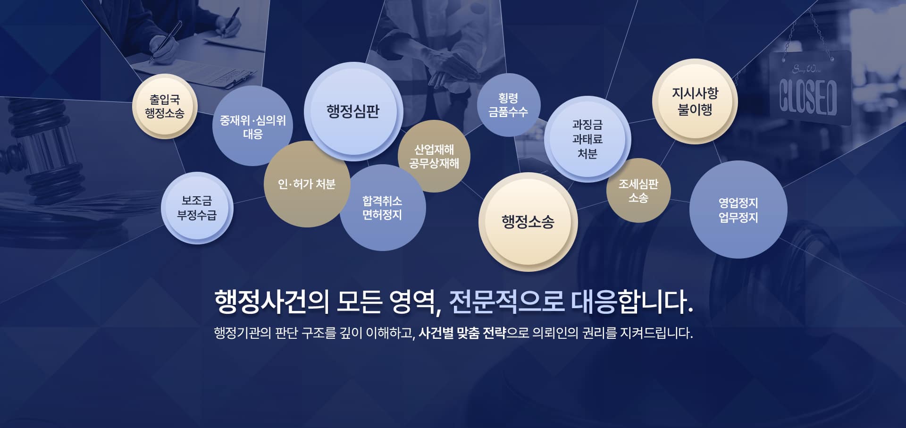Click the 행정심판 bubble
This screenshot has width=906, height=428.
click(x=353, y=111)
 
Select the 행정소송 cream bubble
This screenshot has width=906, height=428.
click(x=528, y=222)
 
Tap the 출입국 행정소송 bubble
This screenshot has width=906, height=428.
click(x=165, y=106)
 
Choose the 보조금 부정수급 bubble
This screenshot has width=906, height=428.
click(x=197, y=208)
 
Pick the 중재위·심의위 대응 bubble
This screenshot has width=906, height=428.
click(x=252, y=126)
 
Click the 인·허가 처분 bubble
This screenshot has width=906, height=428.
click(x=307, y=184)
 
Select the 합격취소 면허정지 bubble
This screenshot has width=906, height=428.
click(x=382, y=208)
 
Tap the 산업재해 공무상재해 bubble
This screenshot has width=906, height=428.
click(x=434, y=156)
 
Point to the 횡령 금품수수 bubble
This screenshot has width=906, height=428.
click(x=508, y=105)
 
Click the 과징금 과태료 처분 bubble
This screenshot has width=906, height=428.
click(x=587, y=139)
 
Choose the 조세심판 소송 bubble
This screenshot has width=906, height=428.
click(x=638, y=191)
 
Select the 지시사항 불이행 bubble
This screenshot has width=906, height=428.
click(x=695, y=101)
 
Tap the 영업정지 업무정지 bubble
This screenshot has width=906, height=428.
click(x=738, y=210)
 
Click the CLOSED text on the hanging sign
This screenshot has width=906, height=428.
click(x=808, y=98)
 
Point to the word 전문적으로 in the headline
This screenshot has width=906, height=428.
click(x=506, y=302)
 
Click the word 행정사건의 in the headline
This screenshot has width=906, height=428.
click(x=272, y=302)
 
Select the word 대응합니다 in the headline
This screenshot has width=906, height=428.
click(x=632, y=302)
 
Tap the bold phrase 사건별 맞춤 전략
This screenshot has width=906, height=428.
click(x=462, y=333)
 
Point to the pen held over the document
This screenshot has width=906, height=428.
click(x=165, y=42)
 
